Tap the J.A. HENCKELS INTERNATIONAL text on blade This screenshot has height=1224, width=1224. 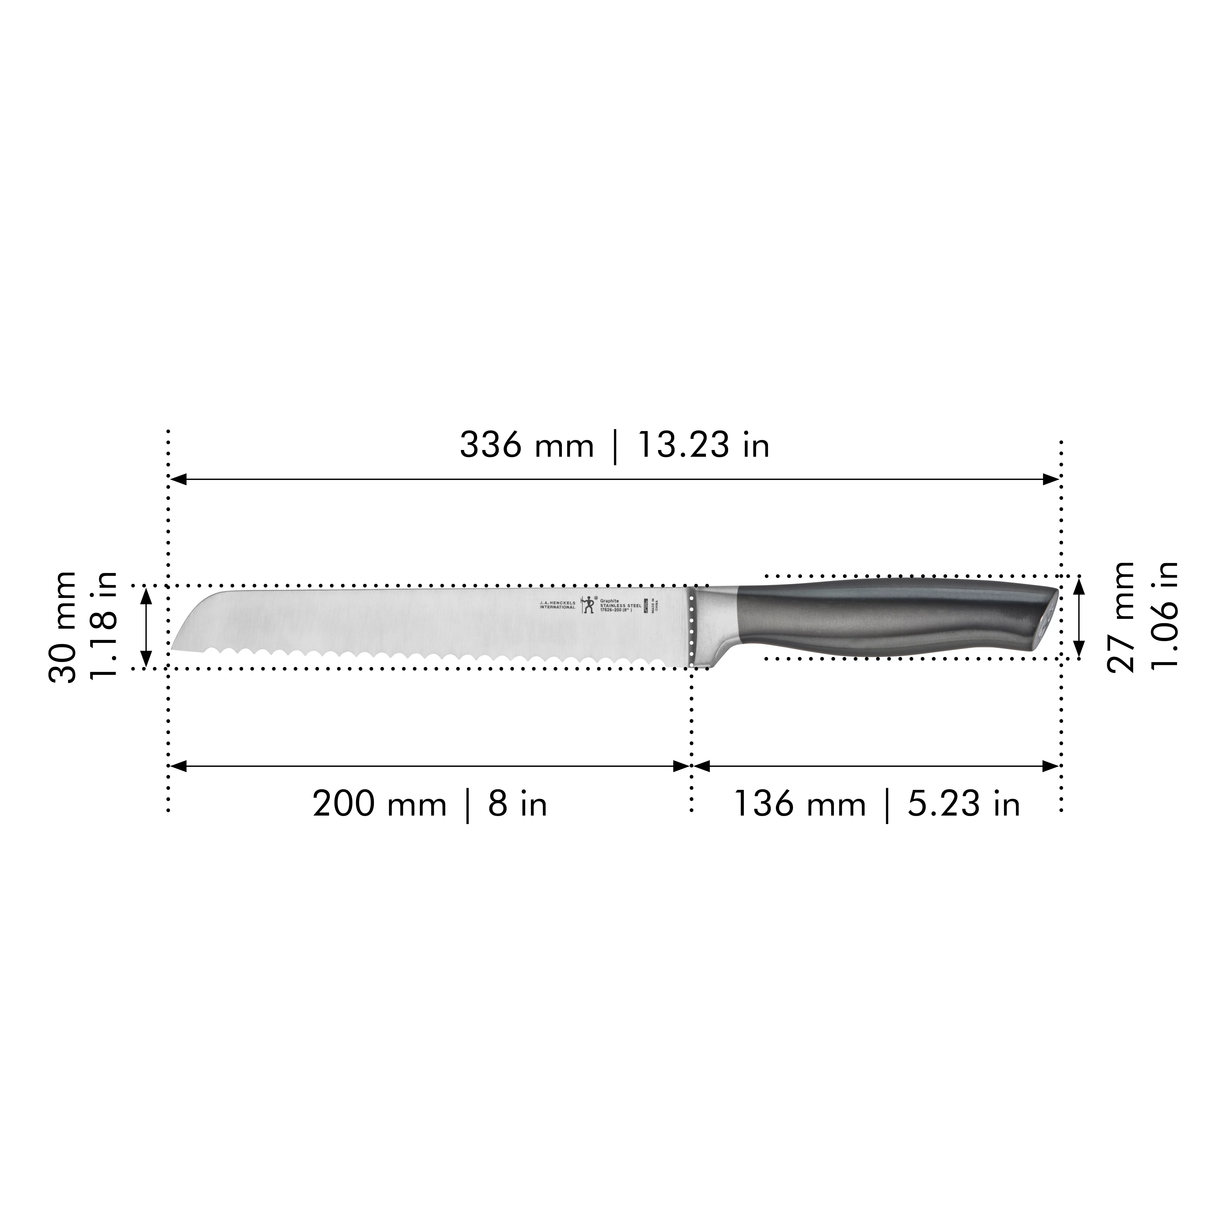point(557,605)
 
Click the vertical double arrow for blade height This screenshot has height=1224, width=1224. point(146,627)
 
